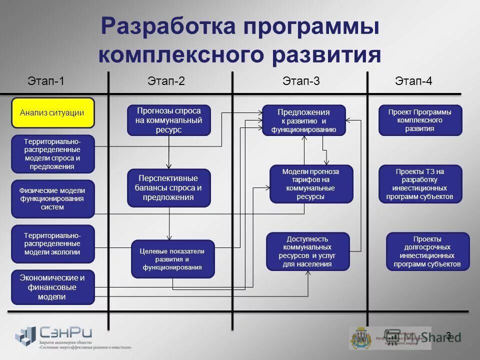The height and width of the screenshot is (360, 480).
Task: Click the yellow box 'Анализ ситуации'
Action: click(x=52, y=113)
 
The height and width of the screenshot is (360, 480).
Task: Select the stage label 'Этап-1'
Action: click(x=46, y=81)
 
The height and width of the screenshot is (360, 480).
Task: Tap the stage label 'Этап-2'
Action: click(x=166, y=81)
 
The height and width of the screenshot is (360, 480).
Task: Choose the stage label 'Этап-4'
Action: click(x=413, y=81)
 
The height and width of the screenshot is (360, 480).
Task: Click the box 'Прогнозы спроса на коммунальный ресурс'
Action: click(x=168, y=120)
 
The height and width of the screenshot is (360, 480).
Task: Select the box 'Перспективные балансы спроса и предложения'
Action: click(x=168, y=188)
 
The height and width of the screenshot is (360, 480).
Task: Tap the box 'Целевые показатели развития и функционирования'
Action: click(x=172, y=259)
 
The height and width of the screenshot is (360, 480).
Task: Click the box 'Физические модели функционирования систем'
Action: click(x=52, y=199)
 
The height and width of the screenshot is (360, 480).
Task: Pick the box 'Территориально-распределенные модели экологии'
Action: click(x=52, y=243)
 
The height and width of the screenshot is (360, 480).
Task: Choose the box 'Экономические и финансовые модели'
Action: click(x=52, y=287)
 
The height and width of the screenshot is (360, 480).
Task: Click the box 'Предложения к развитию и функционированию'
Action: click(x=304, y=120)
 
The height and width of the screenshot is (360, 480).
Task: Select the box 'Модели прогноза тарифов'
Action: click(x=311, y=184)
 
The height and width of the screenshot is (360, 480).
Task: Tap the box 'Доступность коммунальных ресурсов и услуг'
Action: click(x=307, y=251)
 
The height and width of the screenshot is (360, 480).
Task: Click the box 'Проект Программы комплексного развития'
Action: click(x=420, y=120)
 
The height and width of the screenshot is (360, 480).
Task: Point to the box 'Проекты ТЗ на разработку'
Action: click(x=420, y=184)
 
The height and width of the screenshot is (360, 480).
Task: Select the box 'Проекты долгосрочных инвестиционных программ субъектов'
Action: click(x=427, y=251)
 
